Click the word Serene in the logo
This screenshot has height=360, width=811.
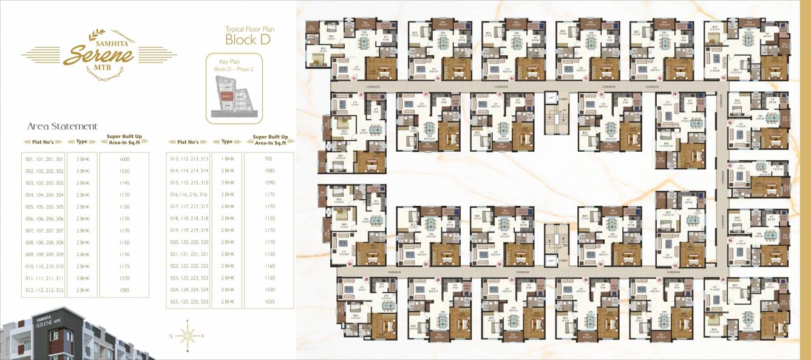click(98, 55)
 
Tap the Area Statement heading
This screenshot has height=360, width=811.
click(62, 126)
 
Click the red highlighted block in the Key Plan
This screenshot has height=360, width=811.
click(226, 96)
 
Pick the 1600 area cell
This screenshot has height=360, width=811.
click(124, 159)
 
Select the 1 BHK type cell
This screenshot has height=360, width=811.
click(227, 159)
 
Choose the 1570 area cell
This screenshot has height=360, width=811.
click(124, 278)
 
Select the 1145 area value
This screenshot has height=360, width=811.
click(124, 183)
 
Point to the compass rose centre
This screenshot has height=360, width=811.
click(189, 335)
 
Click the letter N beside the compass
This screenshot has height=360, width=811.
click(171, 335)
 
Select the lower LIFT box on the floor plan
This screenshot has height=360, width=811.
click(551, 260)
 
